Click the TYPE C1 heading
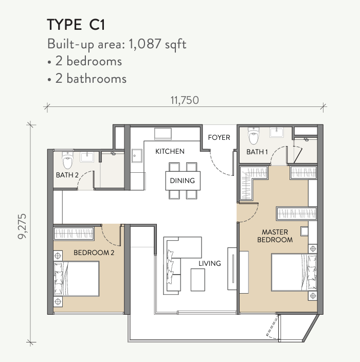[x=76, y=25]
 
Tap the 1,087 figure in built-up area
[x=145, y=44]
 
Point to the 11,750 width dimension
[x=185, y=100]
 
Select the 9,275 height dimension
[x=23, y=226]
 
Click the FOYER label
[x=219, y=138]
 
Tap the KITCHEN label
[x=170, y=152]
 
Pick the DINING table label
[x=182, y=180]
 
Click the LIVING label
[x=210, y=263]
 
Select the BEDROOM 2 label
[x=94, y=252]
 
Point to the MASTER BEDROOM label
[x=275, y=236]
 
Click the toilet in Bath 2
[x=67, y=160]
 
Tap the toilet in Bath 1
[x=254, y=136]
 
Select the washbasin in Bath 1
[x=276, y=132]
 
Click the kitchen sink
[x=137, y=156]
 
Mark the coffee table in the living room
[x=197, y=280]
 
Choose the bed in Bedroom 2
[x=76, y=279]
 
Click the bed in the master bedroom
[x=294, y=273]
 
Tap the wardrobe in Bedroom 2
[x=74, y=233]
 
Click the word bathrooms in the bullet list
[x=97, y=79]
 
